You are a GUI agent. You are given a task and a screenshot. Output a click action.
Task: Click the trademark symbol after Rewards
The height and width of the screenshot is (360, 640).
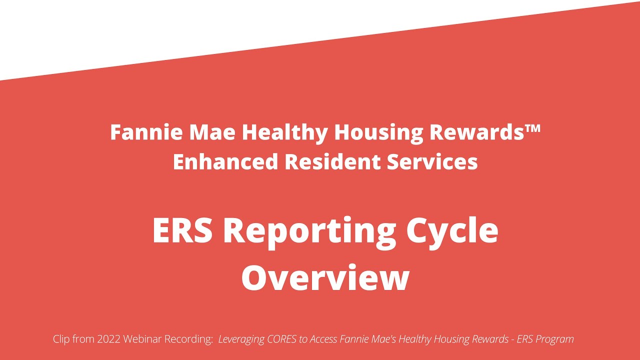point(533,129)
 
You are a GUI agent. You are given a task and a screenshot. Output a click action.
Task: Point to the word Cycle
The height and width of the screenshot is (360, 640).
point(452,230)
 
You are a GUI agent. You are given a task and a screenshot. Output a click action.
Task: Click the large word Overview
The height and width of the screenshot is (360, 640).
point(325,277)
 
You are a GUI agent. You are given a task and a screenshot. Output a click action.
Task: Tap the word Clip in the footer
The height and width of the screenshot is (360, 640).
point(63,339)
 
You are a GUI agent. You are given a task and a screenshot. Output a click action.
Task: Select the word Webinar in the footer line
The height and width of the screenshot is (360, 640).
point(146,339)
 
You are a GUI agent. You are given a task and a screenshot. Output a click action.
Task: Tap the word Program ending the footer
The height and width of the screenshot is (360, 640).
point(556,339)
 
